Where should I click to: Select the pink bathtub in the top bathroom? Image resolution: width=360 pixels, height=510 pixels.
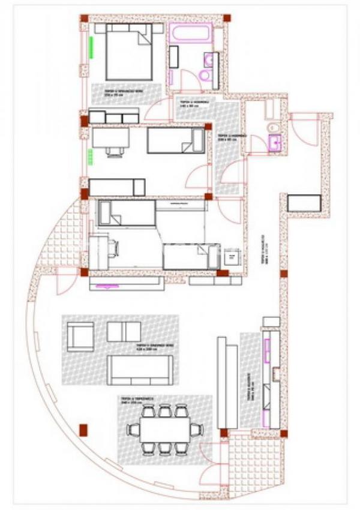(x=191, y=34)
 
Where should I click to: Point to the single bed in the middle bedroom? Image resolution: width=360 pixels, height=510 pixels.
(x=175, y=141)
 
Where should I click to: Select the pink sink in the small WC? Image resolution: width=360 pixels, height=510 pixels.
(x=276, y=142)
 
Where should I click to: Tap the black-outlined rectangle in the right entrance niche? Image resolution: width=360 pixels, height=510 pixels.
(x=305, y=203)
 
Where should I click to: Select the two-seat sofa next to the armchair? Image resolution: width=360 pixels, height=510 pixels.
(x=124, y=331)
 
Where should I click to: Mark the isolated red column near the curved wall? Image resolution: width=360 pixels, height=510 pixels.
(x=83, y=430)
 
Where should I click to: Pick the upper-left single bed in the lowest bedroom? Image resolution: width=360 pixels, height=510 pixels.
(x=126, y=213)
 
